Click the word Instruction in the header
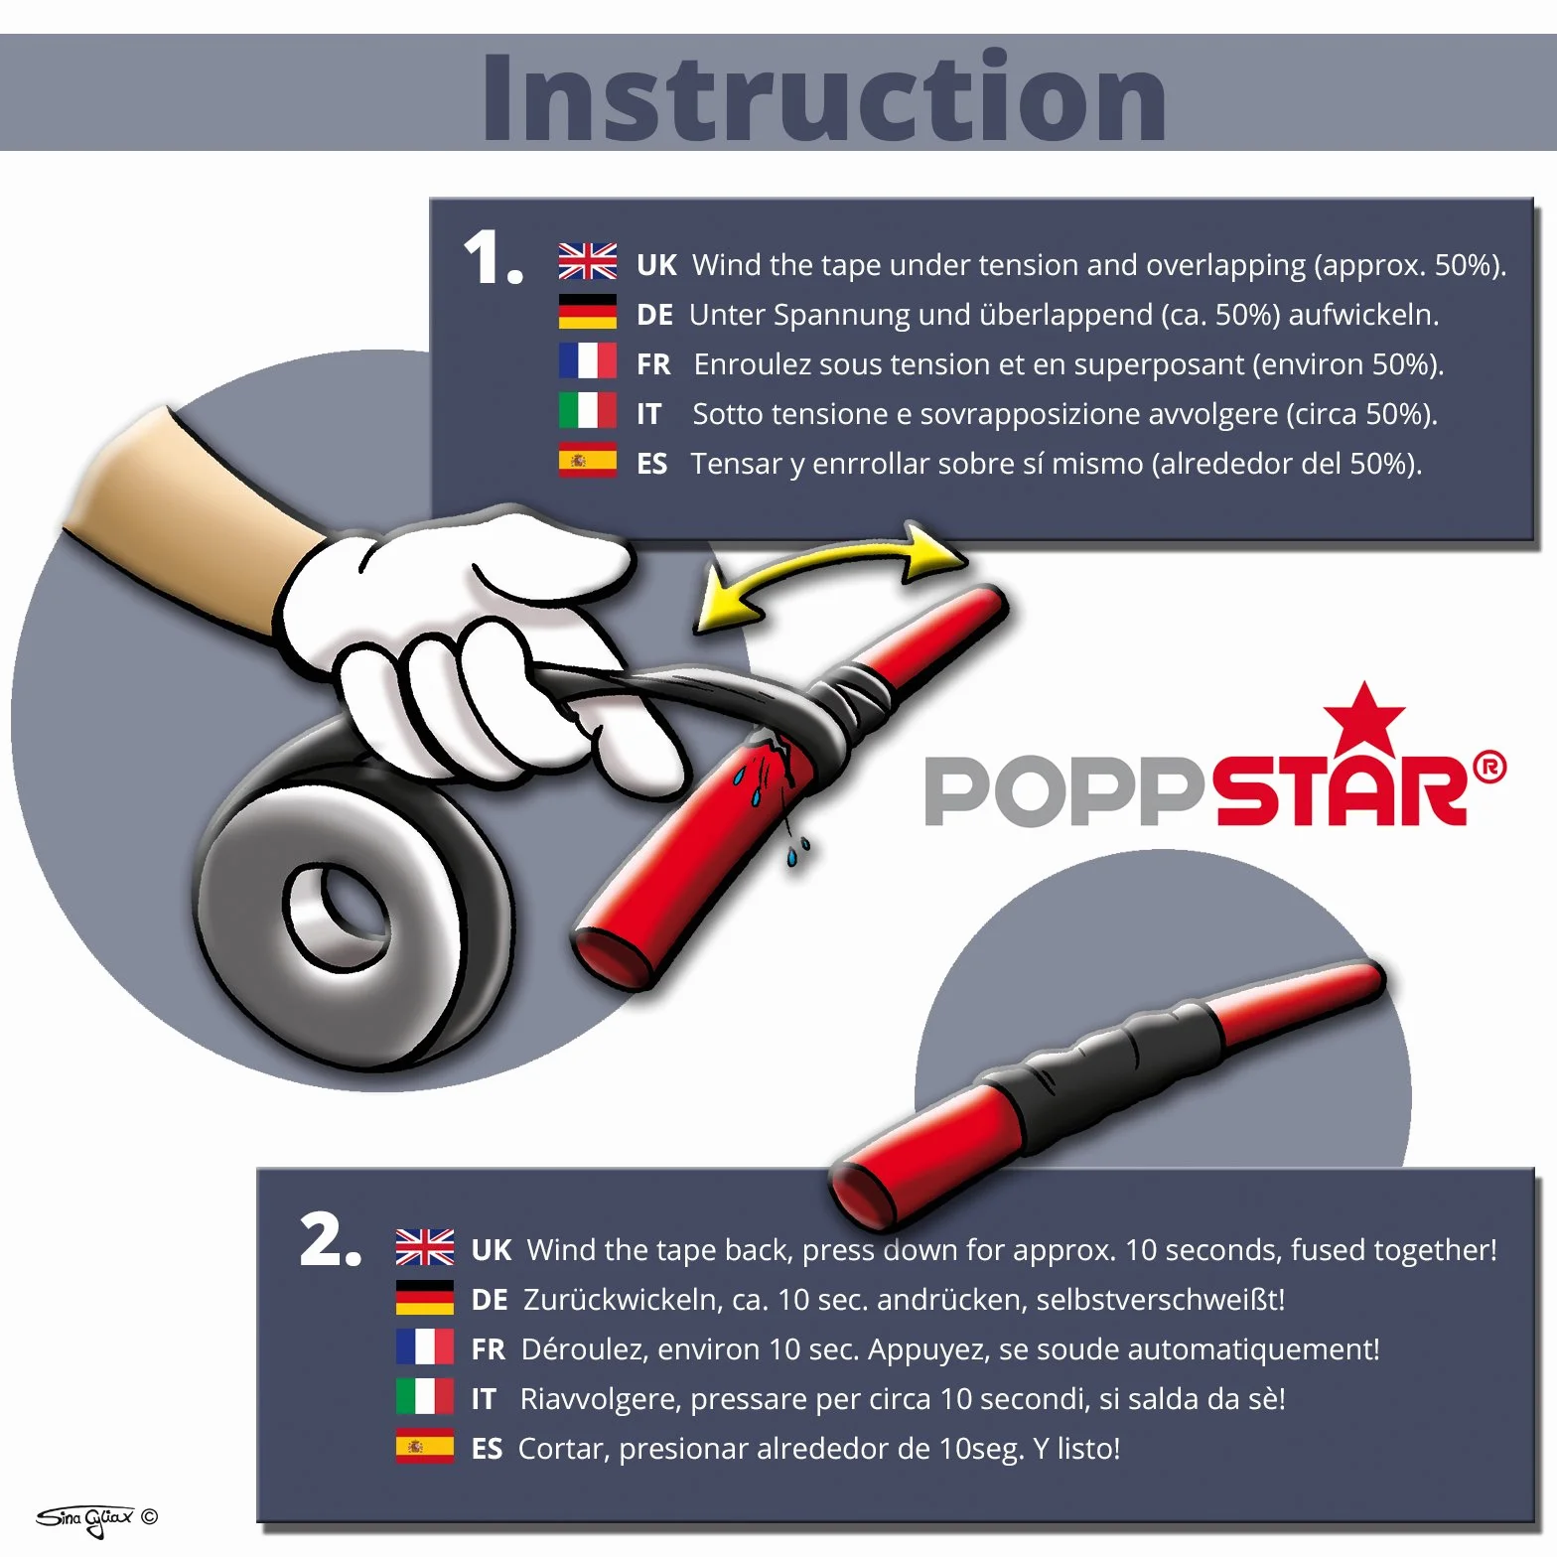click(x=824, y=96)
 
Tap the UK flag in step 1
click(x=588, y=261)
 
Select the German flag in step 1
click(x=588, y=312)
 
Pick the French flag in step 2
click(x=425, y=1346)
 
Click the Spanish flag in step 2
click(x=425, y=1446)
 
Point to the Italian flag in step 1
click(x=588, y=410)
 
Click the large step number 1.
click(x=493, y=258)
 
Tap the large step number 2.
click(x=331, y=1240)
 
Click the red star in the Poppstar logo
click(x=1364, y=720)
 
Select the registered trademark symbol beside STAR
click(x=1488, y=768)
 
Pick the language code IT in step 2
click(x=484, y=1399)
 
